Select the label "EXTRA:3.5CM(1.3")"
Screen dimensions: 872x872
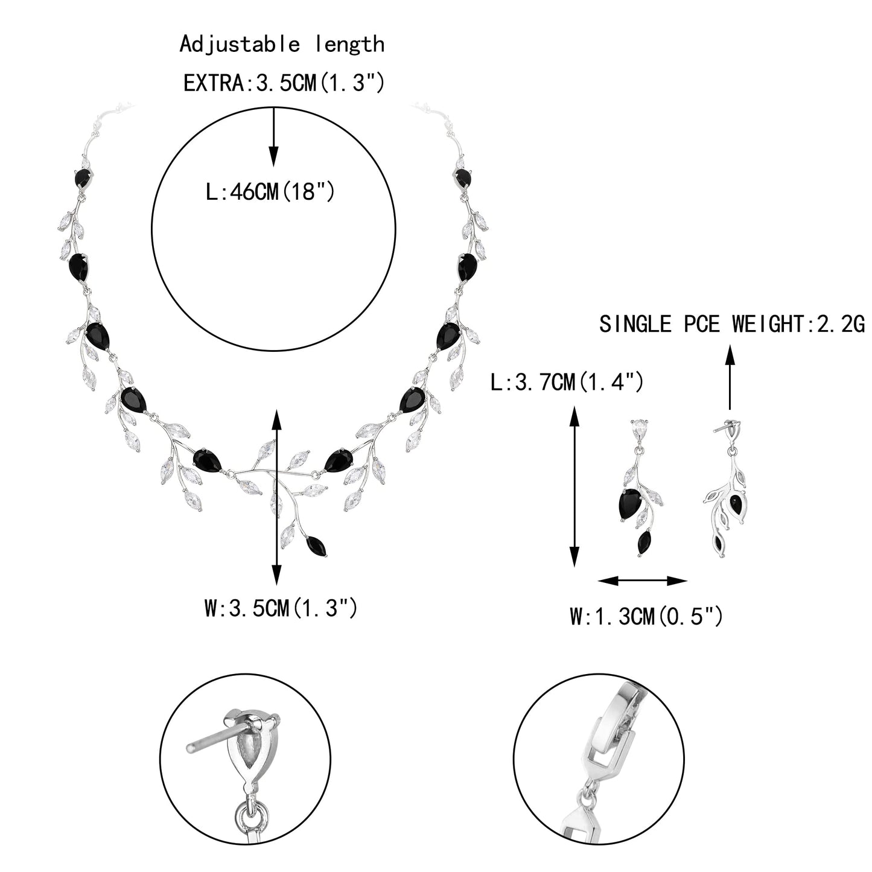pos(284,83)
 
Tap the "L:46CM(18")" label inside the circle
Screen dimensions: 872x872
pos(270,192)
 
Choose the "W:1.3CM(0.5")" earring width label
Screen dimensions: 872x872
pos(646,616)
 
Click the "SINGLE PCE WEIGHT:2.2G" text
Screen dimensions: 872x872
pos(732,324)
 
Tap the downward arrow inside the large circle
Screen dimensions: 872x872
pos(273,136)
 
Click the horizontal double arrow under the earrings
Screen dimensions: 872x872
pos(643,581)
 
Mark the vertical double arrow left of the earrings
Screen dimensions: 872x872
pos(574,486)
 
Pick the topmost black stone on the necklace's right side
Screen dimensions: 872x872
pos(463,178)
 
